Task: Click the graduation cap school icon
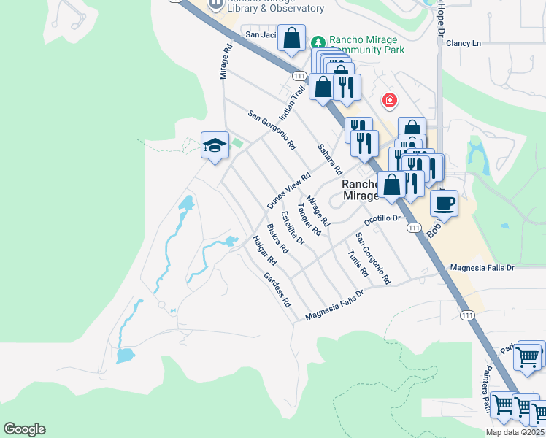(215, 145)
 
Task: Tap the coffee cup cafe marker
(444, 202)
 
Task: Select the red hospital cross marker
(390, 100)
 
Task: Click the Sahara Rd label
(330, 158)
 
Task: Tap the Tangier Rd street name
(309, 219)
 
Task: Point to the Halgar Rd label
(264, 250)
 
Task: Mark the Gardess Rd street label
(277, 289)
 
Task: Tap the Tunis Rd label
(358, 263)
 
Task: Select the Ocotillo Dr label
(382, 219)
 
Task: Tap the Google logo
(24, 429)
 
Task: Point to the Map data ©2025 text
(515, 432)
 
